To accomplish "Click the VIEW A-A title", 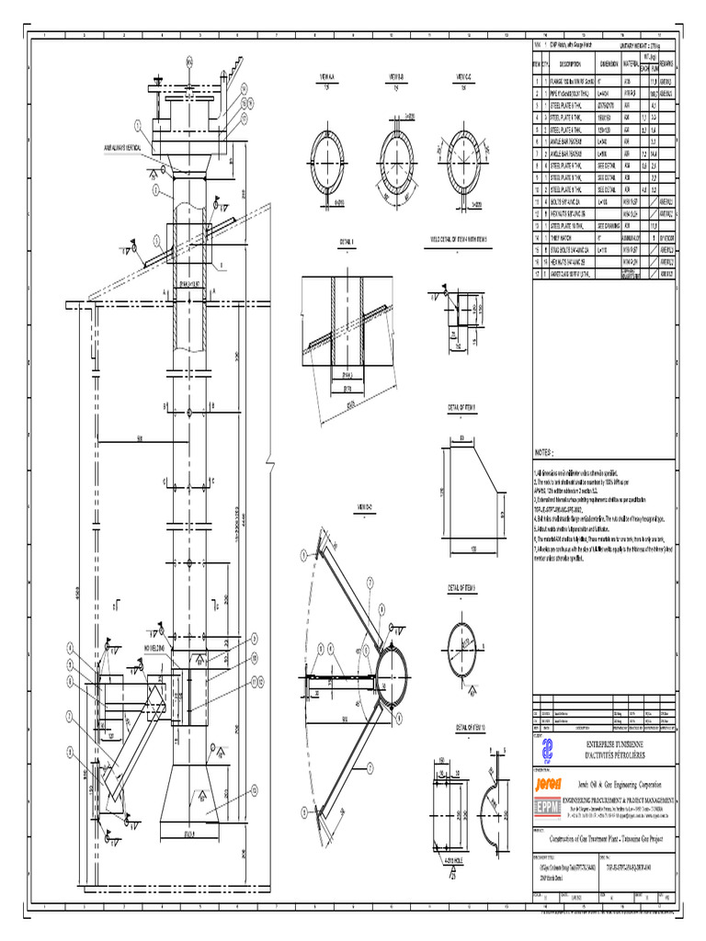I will [328, 76].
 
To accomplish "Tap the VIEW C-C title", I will [462, 76].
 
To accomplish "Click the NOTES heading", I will [546, 453].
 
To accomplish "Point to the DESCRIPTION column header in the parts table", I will [567, 63].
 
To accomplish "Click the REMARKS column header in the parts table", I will [666, 63].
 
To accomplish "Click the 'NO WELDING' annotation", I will [159, 649].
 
